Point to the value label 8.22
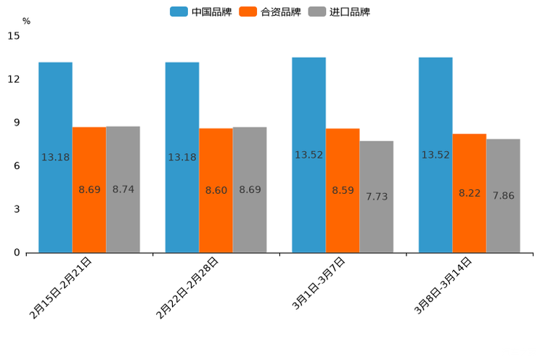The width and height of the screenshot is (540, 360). tap(470, 193)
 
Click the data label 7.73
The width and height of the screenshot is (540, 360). tap(377, 197)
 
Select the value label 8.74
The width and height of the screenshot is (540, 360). tap(123, 189)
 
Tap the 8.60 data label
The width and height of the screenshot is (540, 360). tap(216, 190)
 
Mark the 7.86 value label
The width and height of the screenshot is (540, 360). tap(504, 196)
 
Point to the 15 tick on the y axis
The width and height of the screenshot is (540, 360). tap(14, 36)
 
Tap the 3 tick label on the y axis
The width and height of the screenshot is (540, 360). tap(17, 209)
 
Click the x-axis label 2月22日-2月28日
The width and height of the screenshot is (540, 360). tap(187, 288)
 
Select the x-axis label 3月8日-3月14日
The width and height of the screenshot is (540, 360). tap(443, 285)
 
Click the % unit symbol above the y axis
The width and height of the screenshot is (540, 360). tap(26, 21)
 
